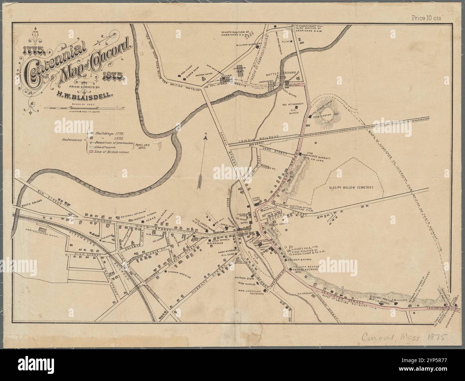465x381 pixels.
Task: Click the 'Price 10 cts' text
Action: (427, 17)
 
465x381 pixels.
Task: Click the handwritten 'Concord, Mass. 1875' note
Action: (405, 338)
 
